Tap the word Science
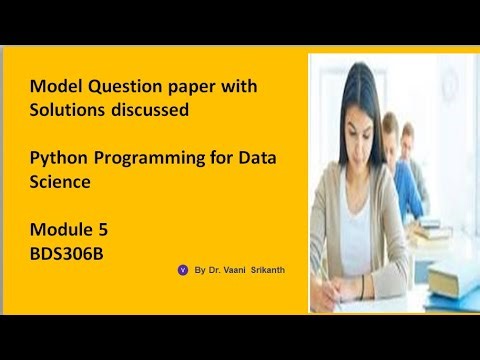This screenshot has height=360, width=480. click(60, 182)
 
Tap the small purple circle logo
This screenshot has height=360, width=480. click(183, 270)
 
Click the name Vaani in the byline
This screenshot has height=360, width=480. click(235, 270)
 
